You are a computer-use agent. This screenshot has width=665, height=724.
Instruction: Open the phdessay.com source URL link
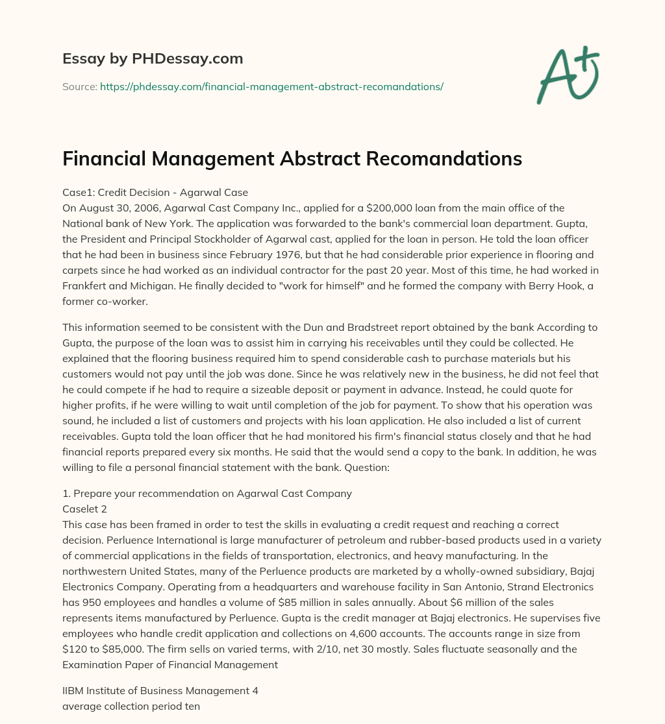tap(271, 86)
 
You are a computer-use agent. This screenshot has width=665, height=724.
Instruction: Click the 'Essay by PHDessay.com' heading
tap(153, 59)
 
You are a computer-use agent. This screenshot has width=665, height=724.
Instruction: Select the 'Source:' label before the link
tap(79, 86)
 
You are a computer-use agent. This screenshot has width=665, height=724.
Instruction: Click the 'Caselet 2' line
tap(84, 509)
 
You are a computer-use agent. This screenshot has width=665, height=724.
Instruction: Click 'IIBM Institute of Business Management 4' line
tap(160, 691)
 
